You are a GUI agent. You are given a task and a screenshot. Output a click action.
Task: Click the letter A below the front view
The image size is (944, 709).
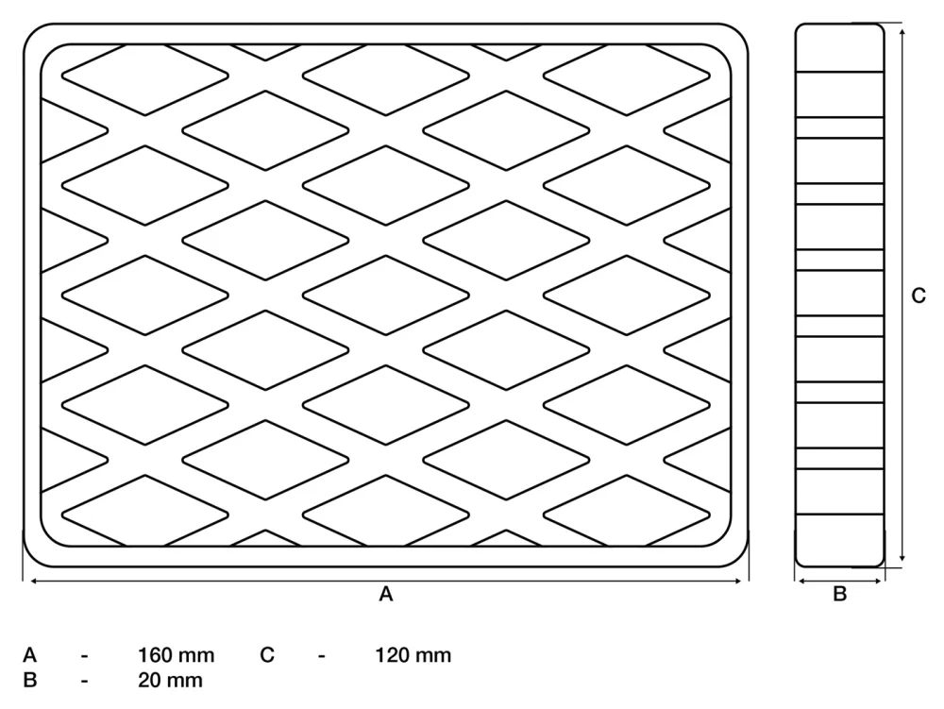(386, 594)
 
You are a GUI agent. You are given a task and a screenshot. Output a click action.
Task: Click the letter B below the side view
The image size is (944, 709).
(840, 594)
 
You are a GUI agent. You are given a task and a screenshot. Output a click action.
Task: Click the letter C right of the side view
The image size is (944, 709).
(919, 295)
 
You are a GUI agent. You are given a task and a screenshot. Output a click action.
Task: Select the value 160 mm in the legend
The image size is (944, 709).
(176, 655)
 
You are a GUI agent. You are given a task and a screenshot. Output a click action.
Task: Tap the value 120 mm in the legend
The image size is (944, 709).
(413, 655)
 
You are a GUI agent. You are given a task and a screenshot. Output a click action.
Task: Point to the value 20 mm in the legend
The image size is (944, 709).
(170, 680)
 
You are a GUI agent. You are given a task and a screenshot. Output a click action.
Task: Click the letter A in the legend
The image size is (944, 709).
(29, 655)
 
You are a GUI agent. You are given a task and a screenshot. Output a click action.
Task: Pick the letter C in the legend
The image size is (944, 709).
(267, 655)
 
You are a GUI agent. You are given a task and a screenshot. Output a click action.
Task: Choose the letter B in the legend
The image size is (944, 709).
(29, 680)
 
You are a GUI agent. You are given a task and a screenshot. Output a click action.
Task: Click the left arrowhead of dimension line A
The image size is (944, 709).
(34, 581)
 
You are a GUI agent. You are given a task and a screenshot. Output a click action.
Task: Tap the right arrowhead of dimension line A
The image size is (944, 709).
(737, 581)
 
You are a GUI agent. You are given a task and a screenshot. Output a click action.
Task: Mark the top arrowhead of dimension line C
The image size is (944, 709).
(902, 32)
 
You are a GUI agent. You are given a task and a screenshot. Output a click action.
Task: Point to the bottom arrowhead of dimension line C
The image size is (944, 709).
(902, 557)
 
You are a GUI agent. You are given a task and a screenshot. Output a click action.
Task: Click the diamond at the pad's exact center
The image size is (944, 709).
(386, 295)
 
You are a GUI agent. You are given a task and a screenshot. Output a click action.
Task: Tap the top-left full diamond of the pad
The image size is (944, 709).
(145, 76)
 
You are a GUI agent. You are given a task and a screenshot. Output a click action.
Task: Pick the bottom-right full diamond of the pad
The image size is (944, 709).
(627, 515)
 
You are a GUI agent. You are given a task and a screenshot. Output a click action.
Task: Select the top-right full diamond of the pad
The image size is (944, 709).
(627, 76)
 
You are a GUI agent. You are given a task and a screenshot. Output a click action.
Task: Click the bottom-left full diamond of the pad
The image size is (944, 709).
(145, 515)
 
